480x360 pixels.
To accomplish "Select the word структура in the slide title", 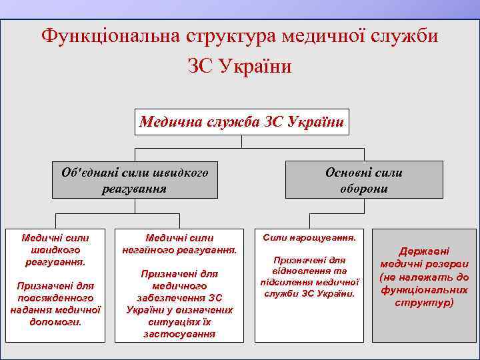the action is [x=225, y=35].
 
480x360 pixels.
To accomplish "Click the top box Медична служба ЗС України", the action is [x=242, y=122].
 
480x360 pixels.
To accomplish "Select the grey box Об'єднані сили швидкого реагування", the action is [x=135, y=180].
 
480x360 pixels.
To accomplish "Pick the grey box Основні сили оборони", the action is [x=364, y=180].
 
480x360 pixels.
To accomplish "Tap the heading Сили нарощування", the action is [x=309, y=237].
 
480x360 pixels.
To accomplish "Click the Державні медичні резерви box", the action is [x=424, y=277].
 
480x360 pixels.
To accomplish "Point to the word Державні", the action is [x=424, y=251].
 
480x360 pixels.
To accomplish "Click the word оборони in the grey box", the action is [x=364, y=189].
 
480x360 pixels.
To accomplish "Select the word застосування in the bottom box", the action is [x=179, y=333].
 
